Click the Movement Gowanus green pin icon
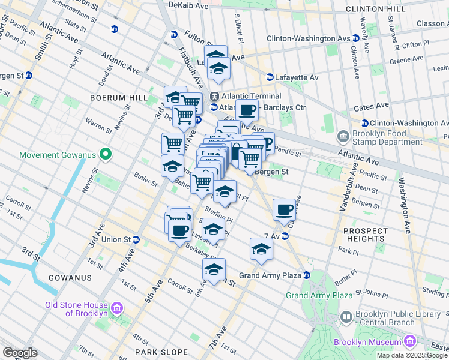(106, 155)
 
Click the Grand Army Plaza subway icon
(306, 275)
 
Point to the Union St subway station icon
(136, 239)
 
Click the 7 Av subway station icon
(285, 236)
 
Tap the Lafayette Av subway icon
(270, 77)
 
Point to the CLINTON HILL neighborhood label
(399, 10)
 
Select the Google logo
(20, 353)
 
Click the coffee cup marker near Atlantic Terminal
(247, 110)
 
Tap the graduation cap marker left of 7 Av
(261, 249)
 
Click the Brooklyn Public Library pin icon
(346, 316)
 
